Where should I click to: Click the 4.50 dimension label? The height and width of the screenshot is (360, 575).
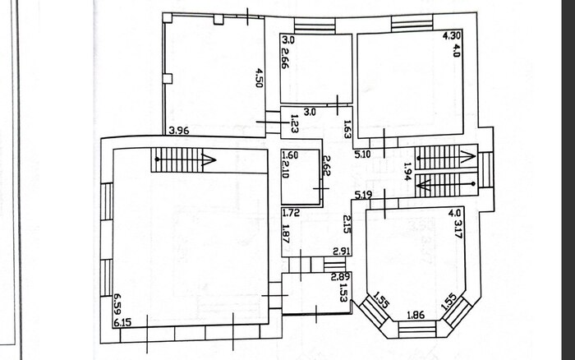(x=260, y=77)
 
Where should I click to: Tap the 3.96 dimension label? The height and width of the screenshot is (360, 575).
(x=178, y=131)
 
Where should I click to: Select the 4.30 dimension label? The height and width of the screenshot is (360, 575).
(x=452, y=36)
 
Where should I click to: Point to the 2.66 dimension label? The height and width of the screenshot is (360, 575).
(x=285, y=58)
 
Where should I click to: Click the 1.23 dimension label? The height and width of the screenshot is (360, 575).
(x=294, y=123)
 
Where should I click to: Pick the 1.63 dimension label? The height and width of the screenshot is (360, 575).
(x=347, y=130)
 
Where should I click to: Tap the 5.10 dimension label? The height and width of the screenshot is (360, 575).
(x=363, y=155)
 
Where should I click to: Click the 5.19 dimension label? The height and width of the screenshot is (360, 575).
(x=363, y=195)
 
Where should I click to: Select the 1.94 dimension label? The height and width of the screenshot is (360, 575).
(x=407, y=172)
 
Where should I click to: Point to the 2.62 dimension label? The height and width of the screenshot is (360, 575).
(x=326, y=166)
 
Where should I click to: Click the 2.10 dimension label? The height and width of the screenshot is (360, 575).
(x=286, y=169)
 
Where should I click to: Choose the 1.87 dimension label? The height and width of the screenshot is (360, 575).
(x=287, y=233)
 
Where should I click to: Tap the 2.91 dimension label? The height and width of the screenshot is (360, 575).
(x=342, y=252)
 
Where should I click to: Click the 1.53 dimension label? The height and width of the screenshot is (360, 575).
(x=343, y=292)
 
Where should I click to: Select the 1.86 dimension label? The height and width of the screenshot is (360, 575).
(x=416, y=315)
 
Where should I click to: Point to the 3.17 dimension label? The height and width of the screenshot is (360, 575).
(x=458, y=229)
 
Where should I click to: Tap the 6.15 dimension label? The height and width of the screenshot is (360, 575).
(x=122, y=323)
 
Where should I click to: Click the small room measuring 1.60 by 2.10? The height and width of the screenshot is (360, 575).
(x=301, y=178)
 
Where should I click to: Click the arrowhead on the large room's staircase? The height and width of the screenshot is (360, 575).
(x=209, y=159)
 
